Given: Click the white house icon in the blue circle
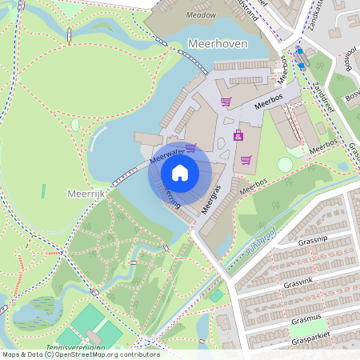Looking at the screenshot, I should coord(180,173).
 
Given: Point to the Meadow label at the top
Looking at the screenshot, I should coord(200,14).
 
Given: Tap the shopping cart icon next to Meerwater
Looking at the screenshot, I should coord(190,147).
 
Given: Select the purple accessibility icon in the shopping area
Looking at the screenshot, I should coord(238,135).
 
